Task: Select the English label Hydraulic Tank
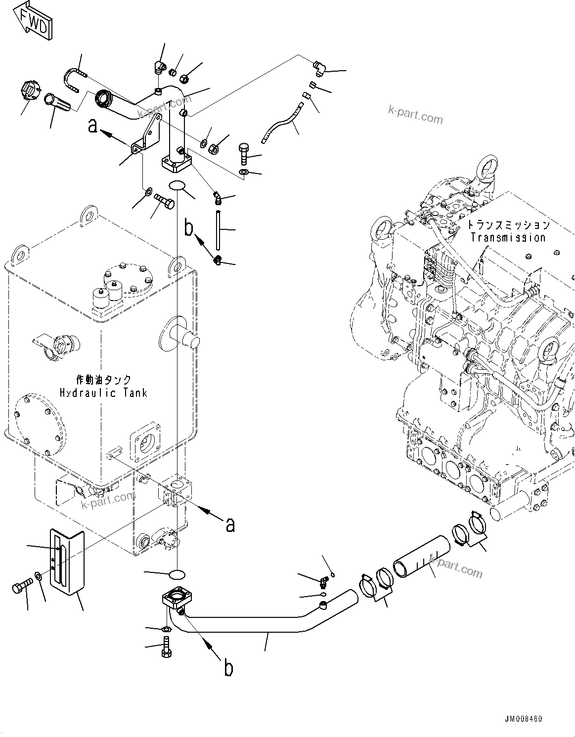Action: pos(103,393)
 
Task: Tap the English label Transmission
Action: pos(508,237)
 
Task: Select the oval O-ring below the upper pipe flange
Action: pos(177,186)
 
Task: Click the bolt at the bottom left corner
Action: pos(20,588)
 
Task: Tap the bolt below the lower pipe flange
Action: pos(166,647)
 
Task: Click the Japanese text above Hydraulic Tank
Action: pos(104,380)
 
